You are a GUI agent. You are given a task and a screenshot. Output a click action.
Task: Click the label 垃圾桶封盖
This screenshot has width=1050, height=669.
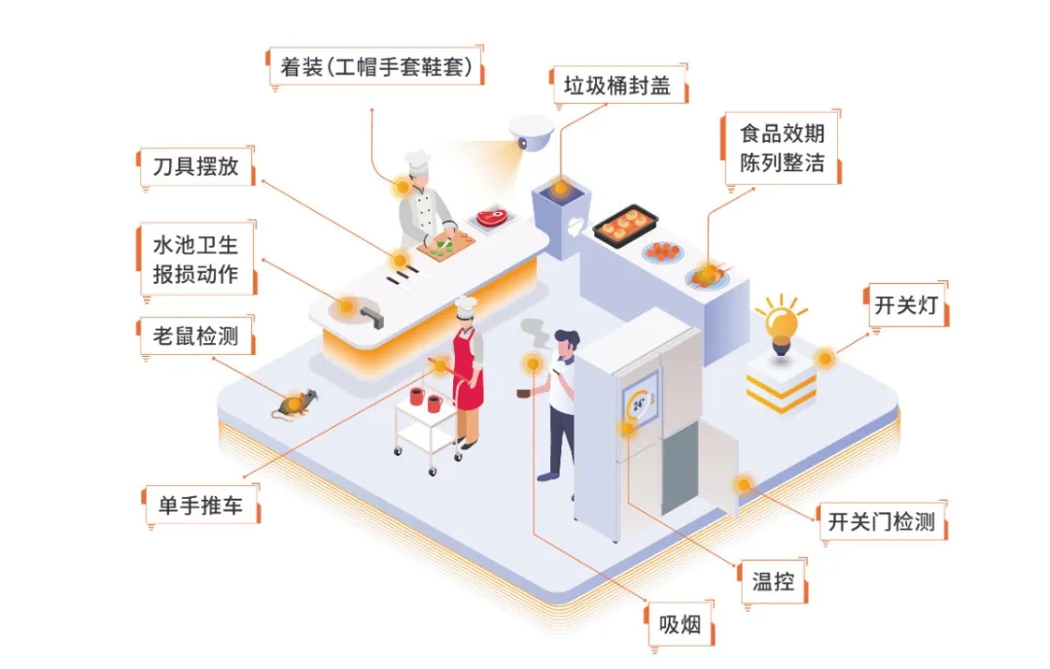(x=617, y=87)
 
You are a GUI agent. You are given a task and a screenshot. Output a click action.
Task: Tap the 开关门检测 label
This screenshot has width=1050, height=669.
(x=881, y=521)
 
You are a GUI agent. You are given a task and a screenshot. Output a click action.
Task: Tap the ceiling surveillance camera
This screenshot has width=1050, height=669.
(x=531, y=131)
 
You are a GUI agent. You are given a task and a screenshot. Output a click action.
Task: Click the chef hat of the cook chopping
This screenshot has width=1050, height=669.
(x=417, y=163)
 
